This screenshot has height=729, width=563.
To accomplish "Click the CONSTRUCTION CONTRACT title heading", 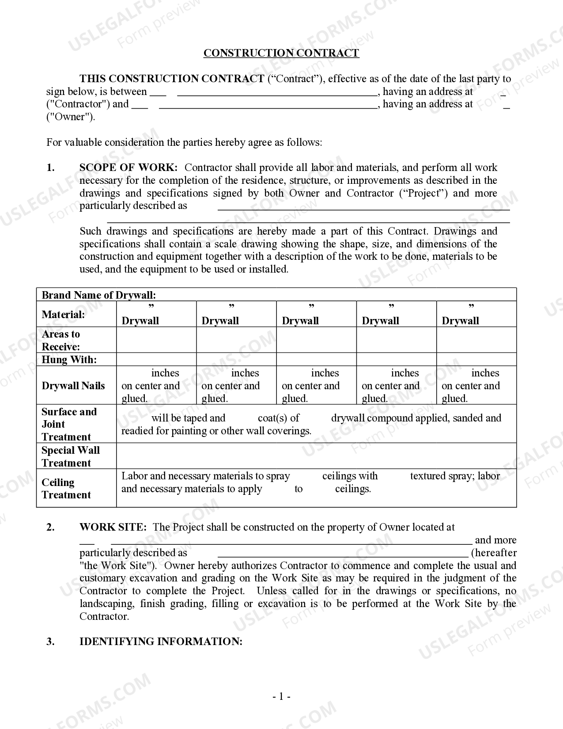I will [281, 53].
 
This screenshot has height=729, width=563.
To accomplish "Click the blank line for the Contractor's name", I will [277, 92].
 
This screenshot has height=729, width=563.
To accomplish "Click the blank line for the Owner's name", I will [268, 105].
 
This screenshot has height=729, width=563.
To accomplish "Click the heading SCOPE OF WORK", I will [128, 168].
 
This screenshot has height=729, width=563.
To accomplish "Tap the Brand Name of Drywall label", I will [98, 295].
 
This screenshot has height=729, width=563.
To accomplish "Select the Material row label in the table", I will [63, 315].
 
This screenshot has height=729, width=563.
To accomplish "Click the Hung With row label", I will [69, 360].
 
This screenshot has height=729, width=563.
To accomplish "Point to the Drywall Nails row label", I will [73, 386].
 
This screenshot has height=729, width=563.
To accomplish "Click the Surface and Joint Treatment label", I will [69, 424].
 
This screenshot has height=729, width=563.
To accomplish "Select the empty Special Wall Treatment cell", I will [316, 456].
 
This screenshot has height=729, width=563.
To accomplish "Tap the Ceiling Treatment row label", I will [66, 488].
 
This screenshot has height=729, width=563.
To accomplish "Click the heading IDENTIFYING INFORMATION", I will [161, 642].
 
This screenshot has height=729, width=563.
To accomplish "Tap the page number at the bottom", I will [281, 697].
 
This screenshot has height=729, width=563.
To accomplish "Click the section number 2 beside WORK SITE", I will [50, 527].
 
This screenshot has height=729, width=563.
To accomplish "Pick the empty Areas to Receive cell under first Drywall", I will [156, 340].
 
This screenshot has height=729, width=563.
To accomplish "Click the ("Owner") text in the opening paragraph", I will [71, 117].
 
